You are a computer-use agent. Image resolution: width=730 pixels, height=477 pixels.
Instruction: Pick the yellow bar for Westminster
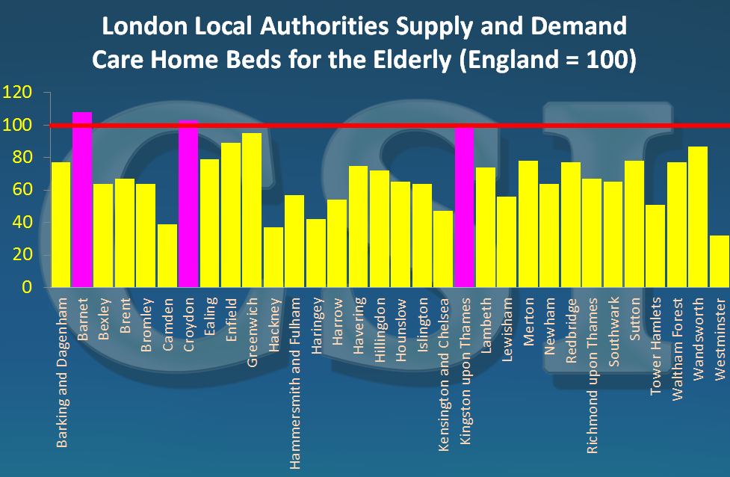point(720,261)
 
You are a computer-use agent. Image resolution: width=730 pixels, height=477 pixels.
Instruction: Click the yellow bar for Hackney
point(273,257)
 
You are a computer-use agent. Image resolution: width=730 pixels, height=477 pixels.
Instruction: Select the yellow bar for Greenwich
point(252,210)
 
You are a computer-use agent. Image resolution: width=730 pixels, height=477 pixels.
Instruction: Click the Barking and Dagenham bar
point(61,224)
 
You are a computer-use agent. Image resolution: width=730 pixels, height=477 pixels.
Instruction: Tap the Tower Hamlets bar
point(655,246)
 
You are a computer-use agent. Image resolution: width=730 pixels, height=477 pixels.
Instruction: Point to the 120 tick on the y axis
point(18,93)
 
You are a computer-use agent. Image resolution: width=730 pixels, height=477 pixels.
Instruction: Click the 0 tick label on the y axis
point(28,287)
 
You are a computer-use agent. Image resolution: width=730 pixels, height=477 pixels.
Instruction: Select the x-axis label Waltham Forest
point(677,340)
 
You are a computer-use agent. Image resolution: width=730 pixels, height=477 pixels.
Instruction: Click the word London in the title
point(140,28)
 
